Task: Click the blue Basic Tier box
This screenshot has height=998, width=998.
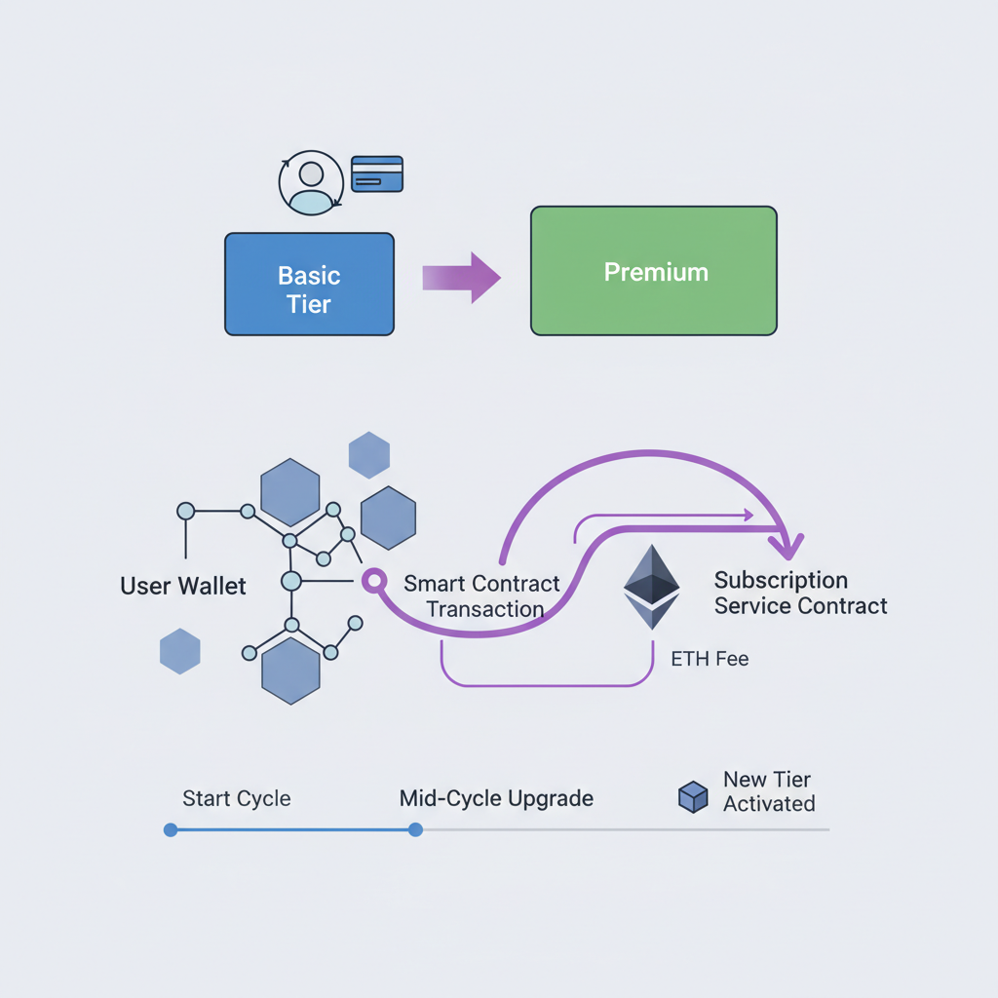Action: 309,284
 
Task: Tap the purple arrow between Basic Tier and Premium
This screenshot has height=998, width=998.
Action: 461,278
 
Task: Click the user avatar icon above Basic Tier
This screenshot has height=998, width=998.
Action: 311,182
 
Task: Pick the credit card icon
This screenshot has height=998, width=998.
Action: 376,174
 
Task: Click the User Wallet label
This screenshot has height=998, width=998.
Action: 183,586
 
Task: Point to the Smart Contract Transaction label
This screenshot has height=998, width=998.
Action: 482,596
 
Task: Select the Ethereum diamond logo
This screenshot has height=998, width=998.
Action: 651,587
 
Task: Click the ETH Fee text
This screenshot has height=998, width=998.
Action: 710,659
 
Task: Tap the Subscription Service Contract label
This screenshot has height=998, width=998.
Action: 800,594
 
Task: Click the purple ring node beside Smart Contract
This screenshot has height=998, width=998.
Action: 370,581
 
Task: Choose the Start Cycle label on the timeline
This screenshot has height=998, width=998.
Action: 236,799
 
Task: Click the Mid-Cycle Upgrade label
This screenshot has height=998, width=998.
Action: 496,799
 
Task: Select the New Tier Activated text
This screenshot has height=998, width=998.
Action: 768,791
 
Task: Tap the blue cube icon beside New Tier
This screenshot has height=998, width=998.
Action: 692,796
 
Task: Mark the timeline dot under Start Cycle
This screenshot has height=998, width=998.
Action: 171,829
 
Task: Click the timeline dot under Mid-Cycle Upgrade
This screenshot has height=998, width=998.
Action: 415,829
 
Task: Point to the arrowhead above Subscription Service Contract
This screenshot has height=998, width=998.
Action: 787,542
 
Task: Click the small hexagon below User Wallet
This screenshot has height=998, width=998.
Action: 179,651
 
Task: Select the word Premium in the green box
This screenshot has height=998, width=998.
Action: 655,272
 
